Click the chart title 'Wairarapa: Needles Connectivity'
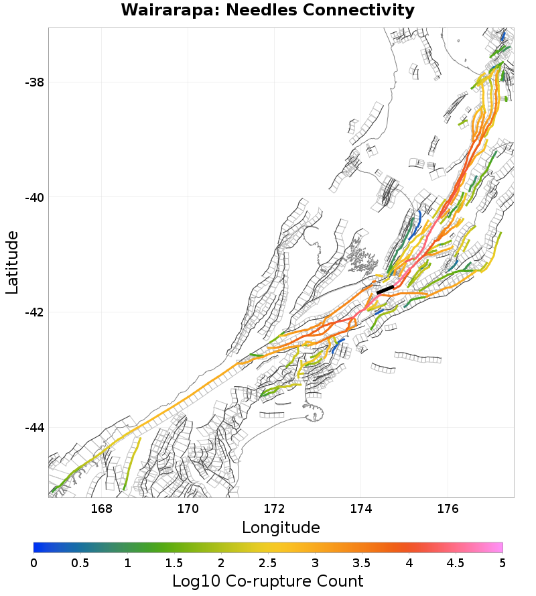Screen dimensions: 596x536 click(268, 11)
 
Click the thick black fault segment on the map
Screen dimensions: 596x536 click(385, 290)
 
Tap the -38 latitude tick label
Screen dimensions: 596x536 click(34, 82)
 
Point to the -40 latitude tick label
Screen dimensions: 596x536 click(34, 198)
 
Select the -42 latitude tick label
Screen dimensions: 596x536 click(34, 313)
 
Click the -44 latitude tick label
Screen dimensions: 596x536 click(34, 428)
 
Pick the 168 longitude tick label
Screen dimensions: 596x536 click(101, 508)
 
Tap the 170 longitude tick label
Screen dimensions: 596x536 click(188, 508)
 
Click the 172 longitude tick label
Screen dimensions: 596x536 click(274, 508)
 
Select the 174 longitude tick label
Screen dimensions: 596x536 click(360, 508)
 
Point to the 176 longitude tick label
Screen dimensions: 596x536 click(447, 508)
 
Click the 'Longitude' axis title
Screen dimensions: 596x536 click(281, 528)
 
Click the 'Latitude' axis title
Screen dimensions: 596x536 click(12, 262)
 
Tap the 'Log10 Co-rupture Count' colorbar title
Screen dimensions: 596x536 click(268, 581)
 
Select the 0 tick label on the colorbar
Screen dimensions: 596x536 click(33, 563)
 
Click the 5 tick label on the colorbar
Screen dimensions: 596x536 click(503, 563)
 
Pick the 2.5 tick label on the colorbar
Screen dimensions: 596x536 click(268, 563)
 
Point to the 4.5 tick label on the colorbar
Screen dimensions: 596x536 click(456, 563)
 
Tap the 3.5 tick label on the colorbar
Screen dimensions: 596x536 click(362, 563)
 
